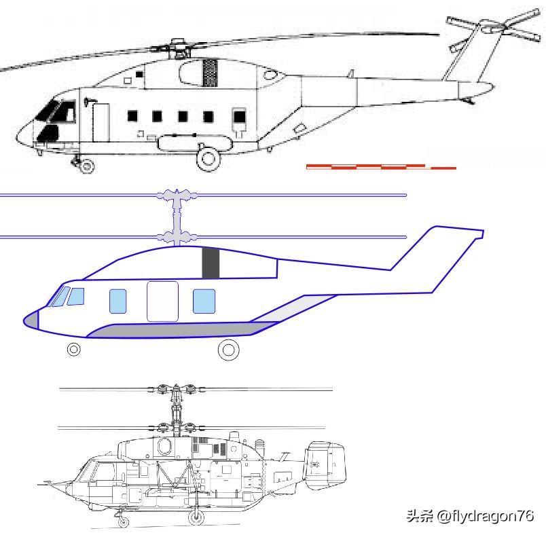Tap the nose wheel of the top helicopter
click(x=86, y=165)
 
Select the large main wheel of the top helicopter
click(x=208, y=158)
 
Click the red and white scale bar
click(x=380, y=166)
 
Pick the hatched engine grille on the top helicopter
click(x=211, y=73)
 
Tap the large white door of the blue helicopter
click(x=162, y=301)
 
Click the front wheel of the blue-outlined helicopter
click(x=73, y=350)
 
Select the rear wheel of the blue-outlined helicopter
click(x=228, y=350)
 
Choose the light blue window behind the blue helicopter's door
click(x=204, y=301)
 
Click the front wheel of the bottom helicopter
click(x=123, y=521)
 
